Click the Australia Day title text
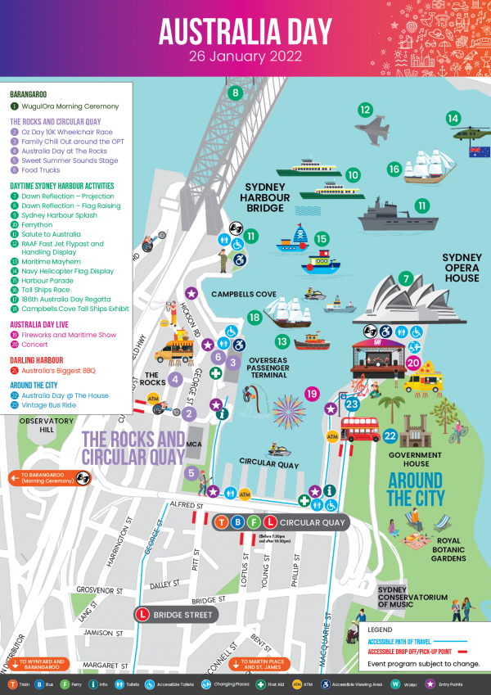click(x=245, y=31)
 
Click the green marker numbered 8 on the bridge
click(x=236, y=93)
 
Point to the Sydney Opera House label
click(x=461, y=268)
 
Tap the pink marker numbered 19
click(x=312, y=395)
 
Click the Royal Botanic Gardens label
click(x=448, y=548)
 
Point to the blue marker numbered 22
click(x=390, y=436)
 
